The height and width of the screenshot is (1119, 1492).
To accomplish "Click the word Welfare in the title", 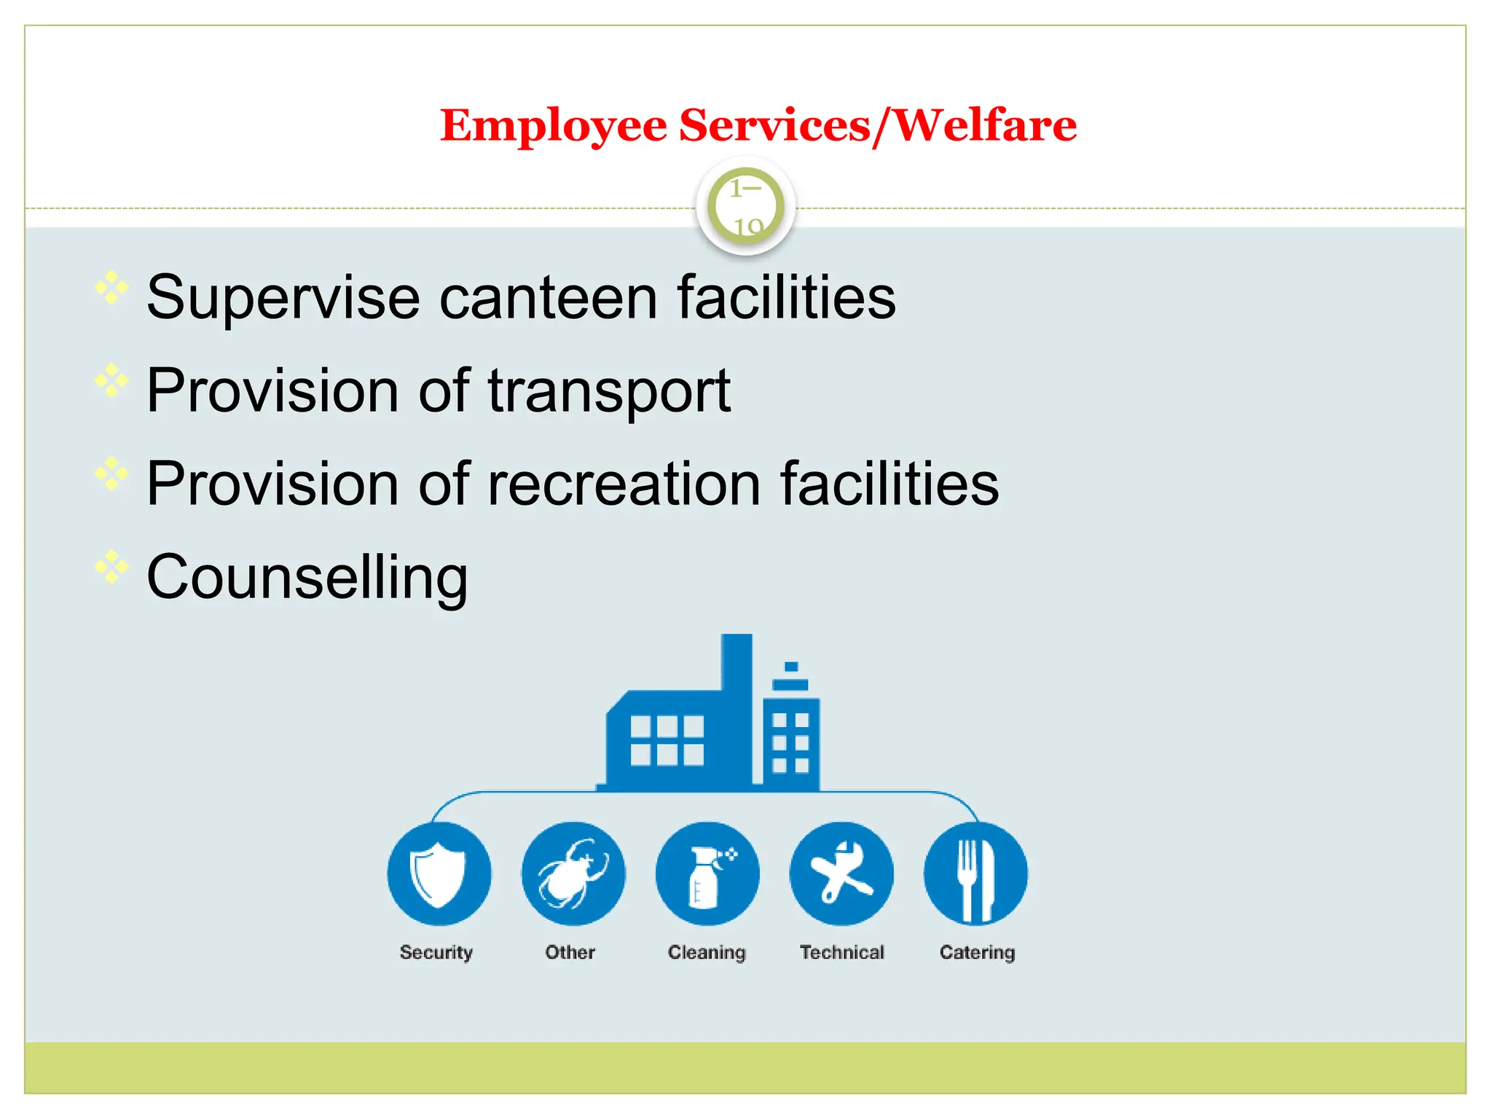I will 985,125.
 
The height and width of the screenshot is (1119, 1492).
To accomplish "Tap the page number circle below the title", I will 745,206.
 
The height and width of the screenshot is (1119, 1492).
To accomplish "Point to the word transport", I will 609,391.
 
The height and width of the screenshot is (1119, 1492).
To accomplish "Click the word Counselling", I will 307,577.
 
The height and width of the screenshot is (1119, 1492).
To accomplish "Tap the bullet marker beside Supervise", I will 111,288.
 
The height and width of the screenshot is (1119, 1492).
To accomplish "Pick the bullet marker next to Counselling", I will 111,567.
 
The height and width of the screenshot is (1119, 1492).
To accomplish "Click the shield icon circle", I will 439,873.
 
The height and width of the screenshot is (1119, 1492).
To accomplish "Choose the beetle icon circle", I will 573,873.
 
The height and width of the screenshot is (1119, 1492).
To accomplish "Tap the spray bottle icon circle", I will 707,873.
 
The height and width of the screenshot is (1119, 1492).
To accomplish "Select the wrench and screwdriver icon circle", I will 841,873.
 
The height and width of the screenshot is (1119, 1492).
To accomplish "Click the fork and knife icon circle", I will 975,873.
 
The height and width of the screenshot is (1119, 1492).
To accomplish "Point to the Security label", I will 436,952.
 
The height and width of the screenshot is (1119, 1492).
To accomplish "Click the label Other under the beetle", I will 570,952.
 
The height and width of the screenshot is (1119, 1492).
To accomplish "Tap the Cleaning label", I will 707,952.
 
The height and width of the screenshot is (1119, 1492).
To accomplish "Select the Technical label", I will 841,952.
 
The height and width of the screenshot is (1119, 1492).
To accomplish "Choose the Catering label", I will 977,952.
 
